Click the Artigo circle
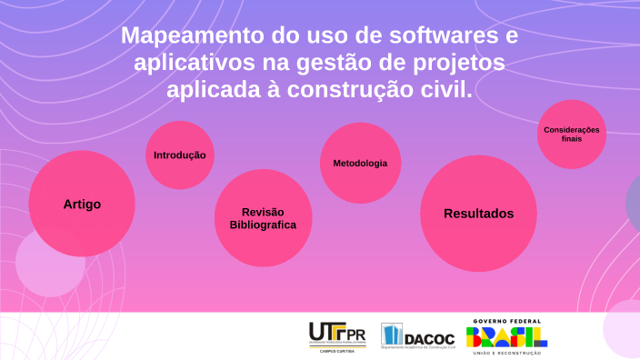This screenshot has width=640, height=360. [82, 204]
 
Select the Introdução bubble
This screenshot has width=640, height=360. [180, 155]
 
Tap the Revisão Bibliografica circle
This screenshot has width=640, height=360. [263, 218]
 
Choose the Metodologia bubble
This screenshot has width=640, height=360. [360, 163]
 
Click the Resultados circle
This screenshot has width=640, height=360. [478, 214]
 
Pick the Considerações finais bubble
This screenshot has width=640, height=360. [571, 134]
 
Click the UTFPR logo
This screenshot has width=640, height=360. [337, 335]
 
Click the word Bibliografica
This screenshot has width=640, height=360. [263, 225]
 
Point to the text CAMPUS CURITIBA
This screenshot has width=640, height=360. [337, 350]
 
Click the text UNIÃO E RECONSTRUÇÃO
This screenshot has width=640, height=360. [507, 353]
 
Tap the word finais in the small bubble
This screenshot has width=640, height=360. [571, 139]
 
